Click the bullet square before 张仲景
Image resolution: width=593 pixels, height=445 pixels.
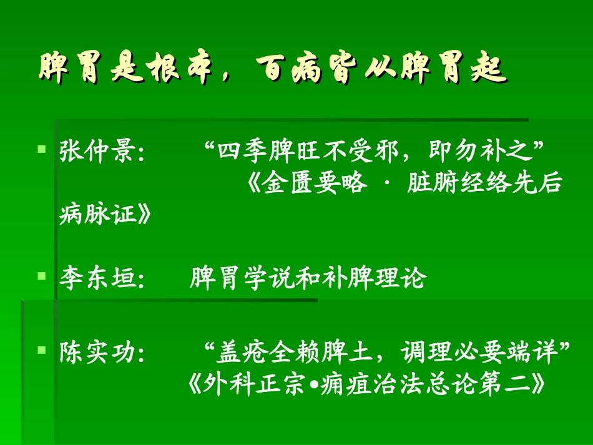coord(41,150)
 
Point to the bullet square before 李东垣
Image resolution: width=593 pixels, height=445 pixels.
coord(41,275)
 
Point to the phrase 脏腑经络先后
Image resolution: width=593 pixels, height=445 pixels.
coord(484,185)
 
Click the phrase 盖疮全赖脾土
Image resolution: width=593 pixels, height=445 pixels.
coord(294,353)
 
